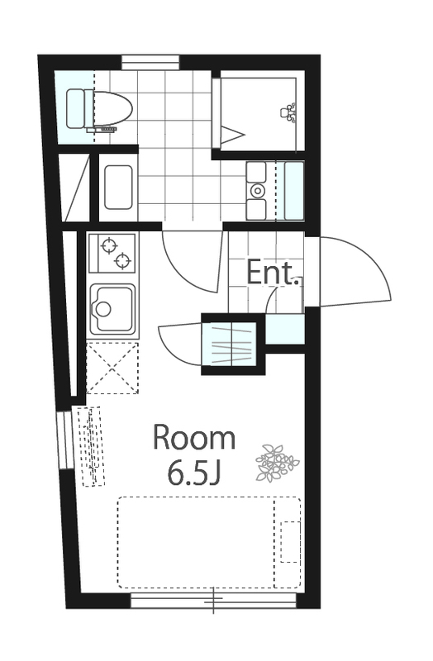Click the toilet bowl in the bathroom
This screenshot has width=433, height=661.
(x=112, y=108)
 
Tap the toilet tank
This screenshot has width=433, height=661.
(x=76, y=108)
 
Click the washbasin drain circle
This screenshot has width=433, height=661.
(x=257, y=191)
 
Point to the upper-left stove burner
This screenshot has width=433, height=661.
(x=109, y=245)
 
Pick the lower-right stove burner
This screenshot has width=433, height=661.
(x=122, y=261)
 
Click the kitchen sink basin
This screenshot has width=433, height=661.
(x=113, y=309)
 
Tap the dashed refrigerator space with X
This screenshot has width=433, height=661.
(x=112, y=368)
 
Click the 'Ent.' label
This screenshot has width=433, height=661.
(x=270, y=273)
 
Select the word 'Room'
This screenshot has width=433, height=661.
(x=194, y=439)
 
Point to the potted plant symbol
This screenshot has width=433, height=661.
(x=277, y=463)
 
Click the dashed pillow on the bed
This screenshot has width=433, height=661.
(x=291, y=542)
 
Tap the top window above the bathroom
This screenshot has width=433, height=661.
(x=150, y=63)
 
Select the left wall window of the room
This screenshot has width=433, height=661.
(x=65, y=440)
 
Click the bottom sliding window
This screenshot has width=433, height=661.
(x=213, y=601)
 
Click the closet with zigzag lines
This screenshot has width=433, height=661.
(x=230, y=344)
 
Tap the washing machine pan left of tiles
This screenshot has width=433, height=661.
(x=118, y=188)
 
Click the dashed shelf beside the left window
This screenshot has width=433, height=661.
(x=91, y=446)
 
